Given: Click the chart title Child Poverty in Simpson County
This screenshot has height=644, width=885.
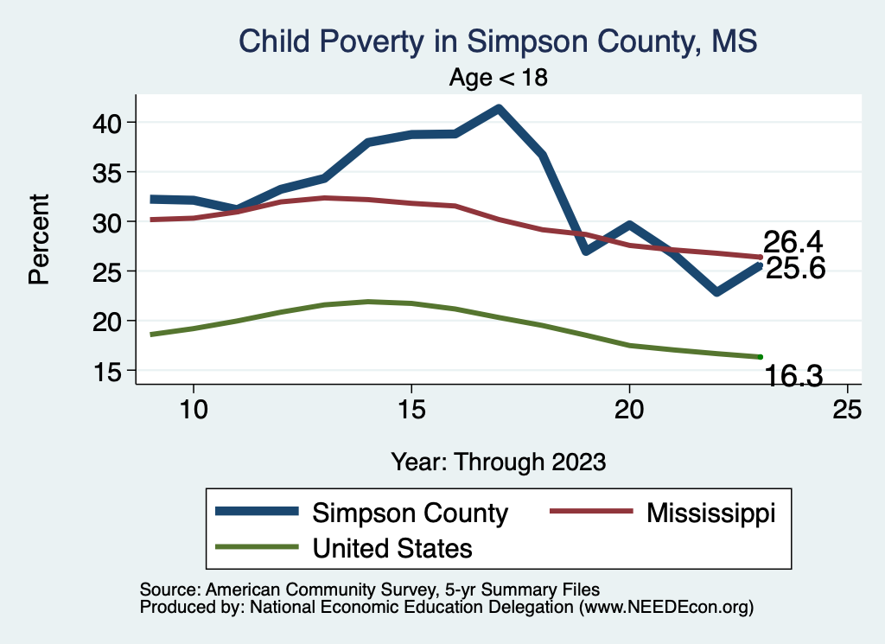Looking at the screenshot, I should [497, 41].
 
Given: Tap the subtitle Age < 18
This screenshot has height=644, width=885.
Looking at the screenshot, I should [499, 78].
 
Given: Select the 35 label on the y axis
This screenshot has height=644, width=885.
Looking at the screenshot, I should [109, 172].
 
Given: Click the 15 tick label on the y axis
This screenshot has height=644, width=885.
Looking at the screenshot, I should [109, 371].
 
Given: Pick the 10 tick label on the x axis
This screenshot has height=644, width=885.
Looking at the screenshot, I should [193, 410].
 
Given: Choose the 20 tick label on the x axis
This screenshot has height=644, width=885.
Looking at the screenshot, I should [629, 410].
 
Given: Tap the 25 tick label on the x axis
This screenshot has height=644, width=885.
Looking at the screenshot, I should [847, 410].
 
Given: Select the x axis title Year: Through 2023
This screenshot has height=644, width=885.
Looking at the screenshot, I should [498, 461].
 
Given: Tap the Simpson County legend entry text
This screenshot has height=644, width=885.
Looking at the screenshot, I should [410, 513].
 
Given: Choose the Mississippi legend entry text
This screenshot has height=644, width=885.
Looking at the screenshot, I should [710, 513].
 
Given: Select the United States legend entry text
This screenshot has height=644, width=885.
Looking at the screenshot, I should [392, 547].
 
